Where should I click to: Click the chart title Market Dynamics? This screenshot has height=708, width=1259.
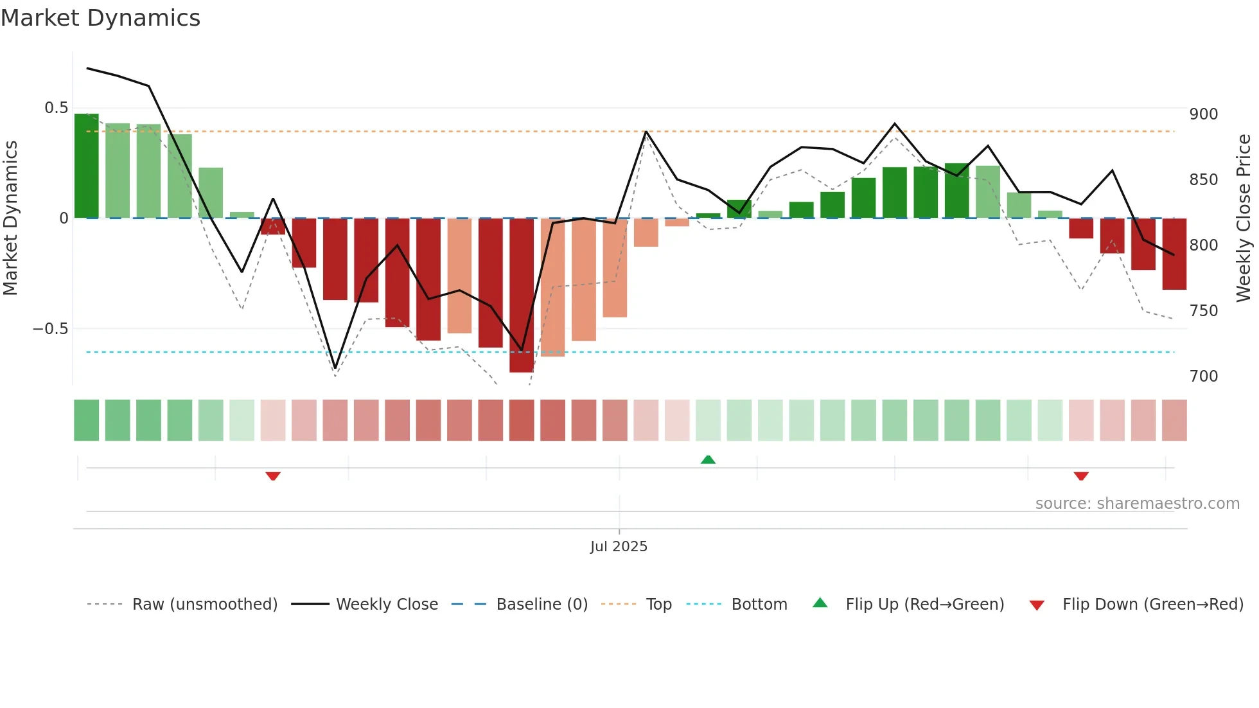[x=100, y=18]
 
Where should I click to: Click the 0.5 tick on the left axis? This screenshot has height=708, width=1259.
[x=56, y=108]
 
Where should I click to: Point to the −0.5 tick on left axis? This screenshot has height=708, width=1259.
[x=50, y=329]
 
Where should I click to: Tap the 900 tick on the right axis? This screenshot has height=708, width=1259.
[x=1203, y=114]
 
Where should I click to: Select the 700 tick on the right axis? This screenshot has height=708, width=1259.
[x=1203, y=376]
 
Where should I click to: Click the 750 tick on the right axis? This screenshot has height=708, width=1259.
[x=1203, y=311]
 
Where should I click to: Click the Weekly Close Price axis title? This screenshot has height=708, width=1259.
[x=1244, y=218]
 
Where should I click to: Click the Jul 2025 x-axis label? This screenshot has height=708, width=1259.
[x=619, y=547]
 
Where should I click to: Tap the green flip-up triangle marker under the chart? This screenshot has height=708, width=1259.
[x=708, y=459]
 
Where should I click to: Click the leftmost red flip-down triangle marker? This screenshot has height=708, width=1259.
[x=273, y=476]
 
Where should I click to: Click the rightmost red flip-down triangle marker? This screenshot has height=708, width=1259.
[x=1081, y=476]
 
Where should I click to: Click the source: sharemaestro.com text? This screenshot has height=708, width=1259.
[x=1137, y=504]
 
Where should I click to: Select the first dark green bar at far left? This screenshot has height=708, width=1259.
[x=87, y=166]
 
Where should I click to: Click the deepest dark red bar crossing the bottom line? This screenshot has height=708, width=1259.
[x=522, y=296]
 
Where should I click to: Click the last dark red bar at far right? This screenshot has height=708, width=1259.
[x=1174, y=254]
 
